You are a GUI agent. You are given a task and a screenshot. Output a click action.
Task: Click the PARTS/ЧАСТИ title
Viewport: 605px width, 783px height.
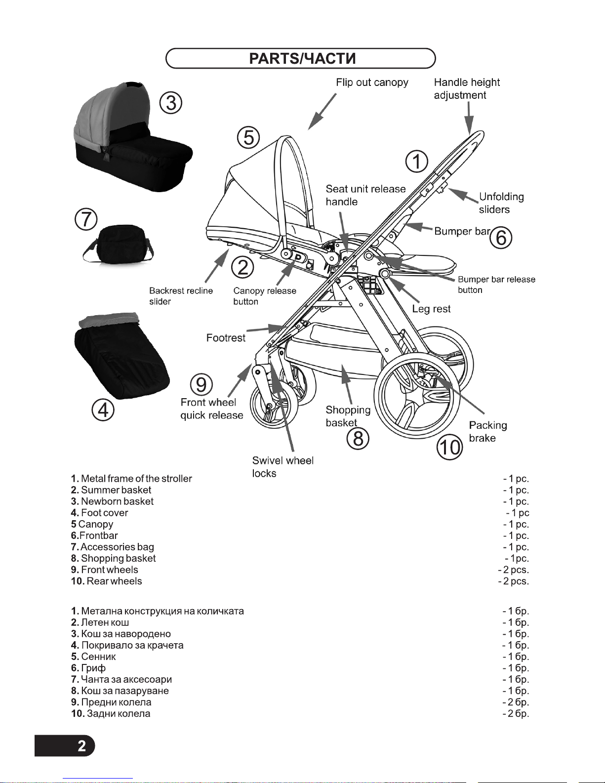(x=302, y=58)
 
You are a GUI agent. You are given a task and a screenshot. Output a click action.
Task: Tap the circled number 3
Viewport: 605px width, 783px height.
(x=171, y=103)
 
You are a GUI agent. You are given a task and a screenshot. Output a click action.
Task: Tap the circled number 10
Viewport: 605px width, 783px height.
(x=449, y=448)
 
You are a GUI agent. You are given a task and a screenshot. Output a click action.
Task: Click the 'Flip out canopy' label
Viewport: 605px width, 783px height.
(x=372, y=82)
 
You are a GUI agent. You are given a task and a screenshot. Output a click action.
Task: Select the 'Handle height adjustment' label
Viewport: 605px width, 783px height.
(x=466, y=89)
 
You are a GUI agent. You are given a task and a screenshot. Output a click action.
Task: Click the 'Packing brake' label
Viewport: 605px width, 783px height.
(x=487, y=431)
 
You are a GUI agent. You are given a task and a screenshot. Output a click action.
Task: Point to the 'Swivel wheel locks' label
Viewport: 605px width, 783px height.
(x=282, y=467)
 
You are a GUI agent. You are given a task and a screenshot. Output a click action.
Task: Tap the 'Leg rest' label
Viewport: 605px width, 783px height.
(x=431, y=309)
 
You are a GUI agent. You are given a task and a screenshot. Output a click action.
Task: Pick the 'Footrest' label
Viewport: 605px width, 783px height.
(x=226, y=338)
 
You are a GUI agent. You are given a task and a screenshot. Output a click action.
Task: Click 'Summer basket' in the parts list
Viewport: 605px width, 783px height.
(x=116, y=490)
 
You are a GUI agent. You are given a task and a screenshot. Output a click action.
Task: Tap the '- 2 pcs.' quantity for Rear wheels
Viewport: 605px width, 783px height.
(x=513, y=581)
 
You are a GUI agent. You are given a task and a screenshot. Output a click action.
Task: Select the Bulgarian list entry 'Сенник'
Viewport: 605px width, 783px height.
(x=98, y=657)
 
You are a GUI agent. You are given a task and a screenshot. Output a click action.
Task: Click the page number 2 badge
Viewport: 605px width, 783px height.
(x=81, y=745)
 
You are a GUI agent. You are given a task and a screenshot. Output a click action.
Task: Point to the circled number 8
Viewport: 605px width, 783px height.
(x=358, y=438)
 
